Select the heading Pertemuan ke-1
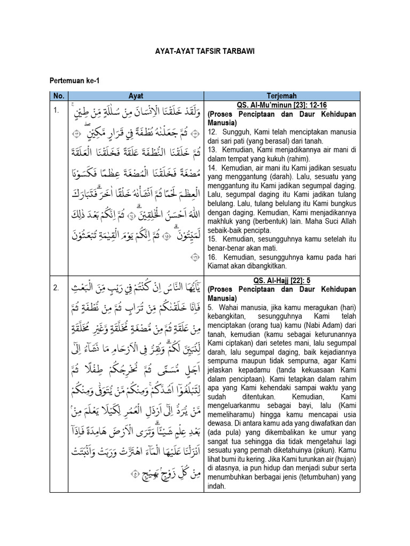pyautogui.click(x=74, y=81)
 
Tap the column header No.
pyautogui.click(x=58, y=95)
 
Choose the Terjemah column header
pyautogui.click(x=283, y=95)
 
